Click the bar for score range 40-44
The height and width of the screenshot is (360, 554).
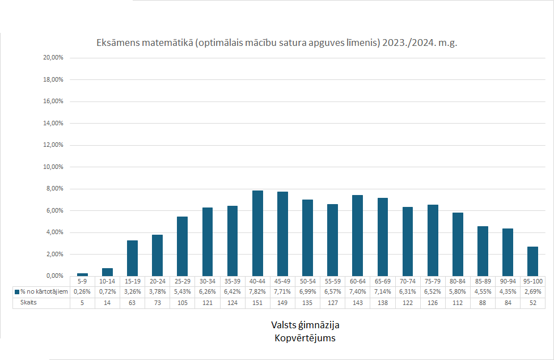(257, 233)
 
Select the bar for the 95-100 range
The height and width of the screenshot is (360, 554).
(532, 261)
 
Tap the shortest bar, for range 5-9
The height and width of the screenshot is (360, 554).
(82, 274)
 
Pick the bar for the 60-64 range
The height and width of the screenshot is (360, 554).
(357, 235)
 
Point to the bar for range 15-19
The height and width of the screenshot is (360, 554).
(132, 258)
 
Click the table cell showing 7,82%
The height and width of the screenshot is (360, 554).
(257, 291)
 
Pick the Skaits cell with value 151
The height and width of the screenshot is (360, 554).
(257, 303)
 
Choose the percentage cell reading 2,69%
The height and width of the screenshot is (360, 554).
(532, 291)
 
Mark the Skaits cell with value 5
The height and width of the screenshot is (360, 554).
(82, 303)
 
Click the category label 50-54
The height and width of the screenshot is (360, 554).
(307, 281)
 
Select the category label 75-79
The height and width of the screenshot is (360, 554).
(433, 281)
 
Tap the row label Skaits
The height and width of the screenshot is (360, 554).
(28, 303)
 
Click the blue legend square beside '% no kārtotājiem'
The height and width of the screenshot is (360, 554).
(17, 291)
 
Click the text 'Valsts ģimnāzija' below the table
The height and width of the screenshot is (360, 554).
(305, 325)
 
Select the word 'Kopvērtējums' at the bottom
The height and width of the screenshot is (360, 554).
(305, 338)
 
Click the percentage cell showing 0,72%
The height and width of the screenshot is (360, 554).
(107, 291)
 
